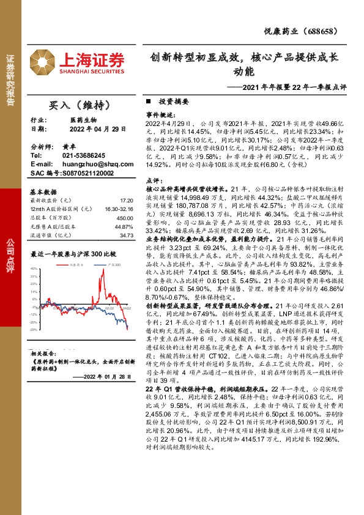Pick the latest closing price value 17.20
click(126, 199)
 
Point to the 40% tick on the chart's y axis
click(34, 269)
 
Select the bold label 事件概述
click(160, 114)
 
